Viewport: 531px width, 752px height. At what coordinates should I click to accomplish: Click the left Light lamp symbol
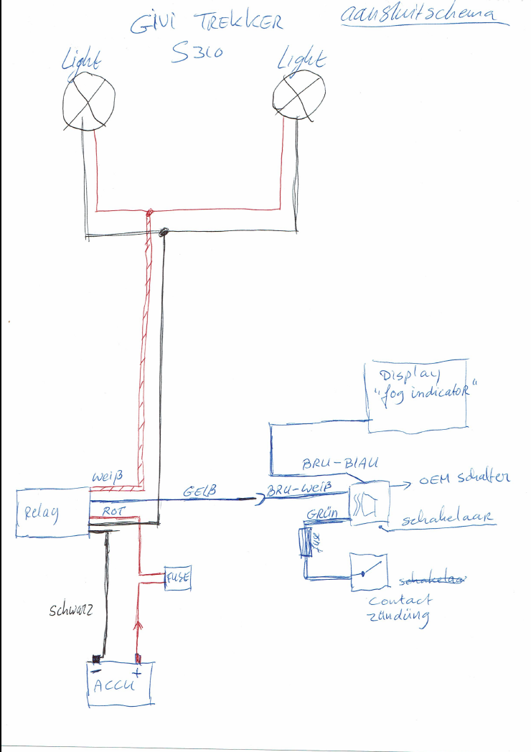tap(89, 102)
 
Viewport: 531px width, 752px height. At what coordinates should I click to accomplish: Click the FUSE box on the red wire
tap(177, 576)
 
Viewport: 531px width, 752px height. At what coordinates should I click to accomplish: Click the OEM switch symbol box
tap(369, 504)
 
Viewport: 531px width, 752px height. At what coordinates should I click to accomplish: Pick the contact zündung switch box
tap(369, 572)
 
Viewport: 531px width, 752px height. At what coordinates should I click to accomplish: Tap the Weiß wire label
tap(108, 476)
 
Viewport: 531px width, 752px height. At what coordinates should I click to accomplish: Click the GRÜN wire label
tap(323, 514)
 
